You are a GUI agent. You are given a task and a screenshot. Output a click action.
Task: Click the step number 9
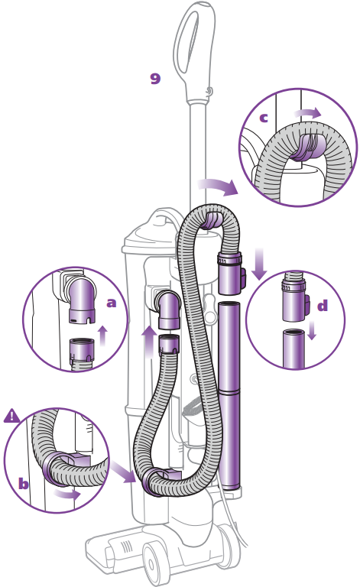click(x=155, y=79)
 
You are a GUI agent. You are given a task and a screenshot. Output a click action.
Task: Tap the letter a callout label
click(x=111, y=303)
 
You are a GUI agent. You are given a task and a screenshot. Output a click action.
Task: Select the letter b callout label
click(x=24, y=483)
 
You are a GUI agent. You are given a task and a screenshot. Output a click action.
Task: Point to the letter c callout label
click(x=264, y=118)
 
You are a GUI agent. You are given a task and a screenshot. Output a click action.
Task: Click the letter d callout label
click(x=323, y=306)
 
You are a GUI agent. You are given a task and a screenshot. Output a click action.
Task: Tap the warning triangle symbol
click(x=11, y=416)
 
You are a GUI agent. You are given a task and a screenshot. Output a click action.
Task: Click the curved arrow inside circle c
click(x=307, y=112)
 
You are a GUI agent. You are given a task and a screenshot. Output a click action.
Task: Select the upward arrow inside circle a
click(x=103, y=336)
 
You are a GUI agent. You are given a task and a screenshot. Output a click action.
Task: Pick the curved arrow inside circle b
click(x=67, y=495)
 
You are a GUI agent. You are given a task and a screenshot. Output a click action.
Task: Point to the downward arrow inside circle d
click(x=312, y=330)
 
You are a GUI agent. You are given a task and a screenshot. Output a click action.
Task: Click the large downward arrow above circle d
click(x=259, y=264)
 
